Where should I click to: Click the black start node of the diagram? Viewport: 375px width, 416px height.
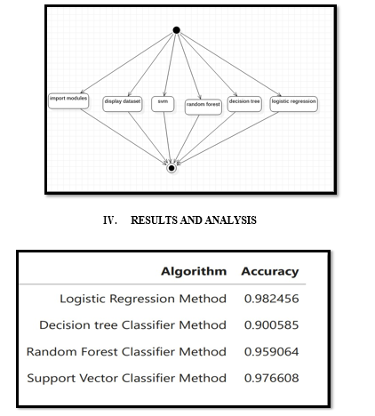[x=176, y=30]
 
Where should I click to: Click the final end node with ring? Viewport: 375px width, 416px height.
[x=172, y=168]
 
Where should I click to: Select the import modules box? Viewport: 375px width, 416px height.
[x=68, y=101]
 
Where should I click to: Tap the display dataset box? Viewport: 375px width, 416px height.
[x=123, y=104]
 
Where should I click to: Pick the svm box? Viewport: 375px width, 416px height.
[x=163, y=104]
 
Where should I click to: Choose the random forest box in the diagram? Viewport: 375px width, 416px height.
[x=203, y=107]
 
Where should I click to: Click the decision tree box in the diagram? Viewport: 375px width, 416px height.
[x=244, y=104]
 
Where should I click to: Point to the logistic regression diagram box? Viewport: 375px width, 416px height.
[x=294, y=104]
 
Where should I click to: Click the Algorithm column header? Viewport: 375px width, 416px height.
[x=194, y=271]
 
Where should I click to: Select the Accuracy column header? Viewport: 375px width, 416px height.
[x=270, y=271]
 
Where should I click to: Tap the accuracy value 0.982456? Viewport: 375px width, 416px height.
[x=272, y=299]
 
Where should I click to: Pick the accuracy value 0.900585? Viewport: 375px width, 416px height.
[x=272, y=325]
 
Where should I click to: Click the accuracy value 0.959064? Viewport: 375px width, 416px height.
[x=272, y=352]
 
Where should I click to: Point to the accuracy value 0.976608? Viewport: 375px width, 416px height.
[x=272, y=378]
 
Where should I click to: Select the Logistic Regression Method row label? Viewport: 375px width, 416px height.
[x=143, y=299]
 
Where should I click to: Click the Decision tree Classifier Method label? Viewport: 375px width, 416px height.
[x=133, y=325]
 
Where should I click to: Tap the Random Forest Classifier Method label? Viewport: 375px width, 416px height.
[x=126, y=352]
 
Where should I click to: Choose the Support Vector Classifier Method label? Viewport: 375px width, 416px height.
[x=127, y=378]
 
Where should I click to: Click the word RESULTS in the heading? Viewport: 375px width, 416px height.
[x=155, y=220]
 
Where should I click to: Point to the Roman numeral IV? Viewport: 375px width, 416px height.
[x=109, y=220]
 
